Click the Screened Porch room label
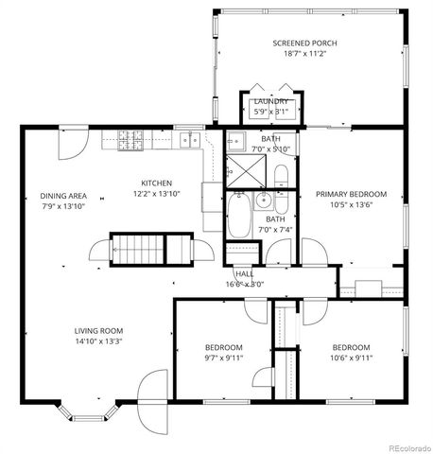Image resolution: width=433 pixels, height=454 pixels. [x=304, y=44]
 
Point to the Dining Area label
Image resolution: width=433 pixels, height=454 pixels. [x=62, y=196]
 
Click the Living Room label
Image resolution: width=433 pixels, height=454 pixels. [x=97, y=331]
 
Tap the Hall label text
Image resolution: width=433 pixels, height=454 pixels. [x=244, y=273]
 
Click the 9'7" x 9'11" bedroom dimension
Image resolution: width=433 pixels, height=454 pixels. [x=224, y=358]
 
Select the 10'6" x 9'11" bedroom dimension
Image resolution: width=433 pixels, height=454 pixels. [x=351, y=358]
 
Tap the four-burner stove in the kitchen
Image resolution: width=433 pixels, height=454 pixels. [x=130, y=142]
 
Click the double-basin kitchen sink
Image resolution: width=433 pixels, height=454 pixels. [x=189, y=141]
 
